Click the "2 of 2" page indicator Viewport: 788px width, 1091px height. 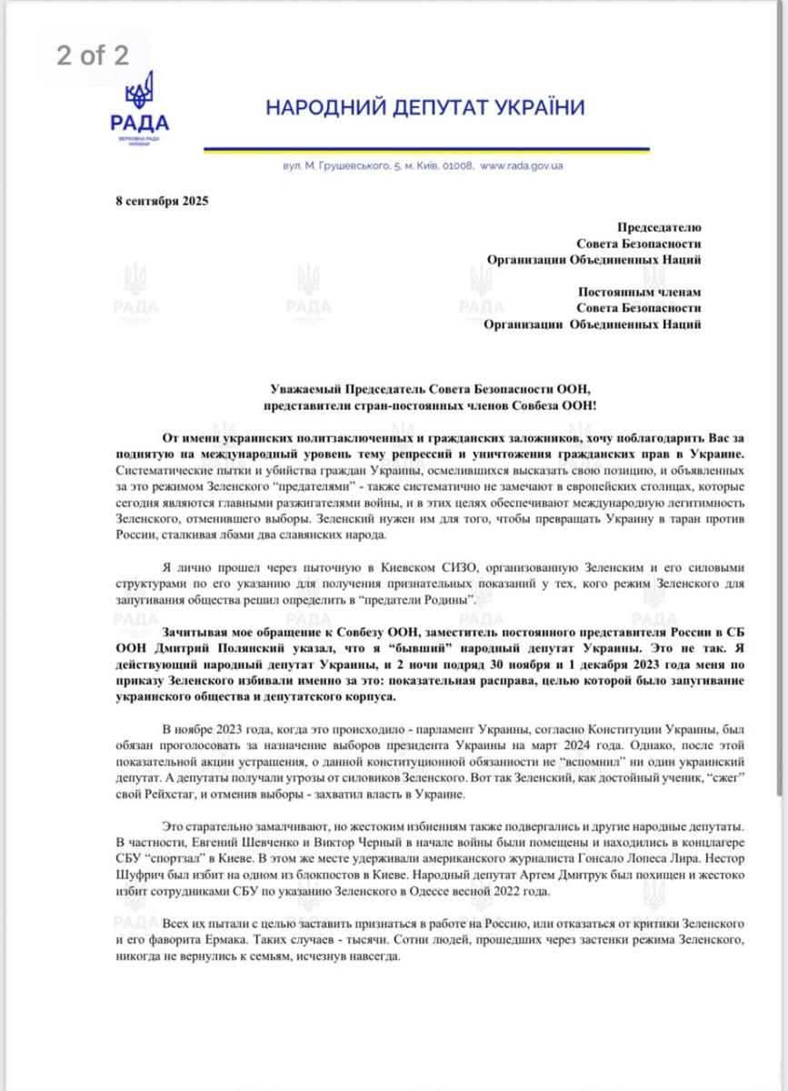tap(92, 55)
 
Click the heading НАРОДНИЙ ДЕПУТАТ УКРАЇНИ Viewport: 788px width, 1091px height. tap(424, 107)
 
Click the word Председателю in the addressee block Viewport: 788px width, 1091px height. tap(659, 227)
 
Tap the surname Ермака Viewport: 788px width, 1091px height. tap(215, 941)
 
